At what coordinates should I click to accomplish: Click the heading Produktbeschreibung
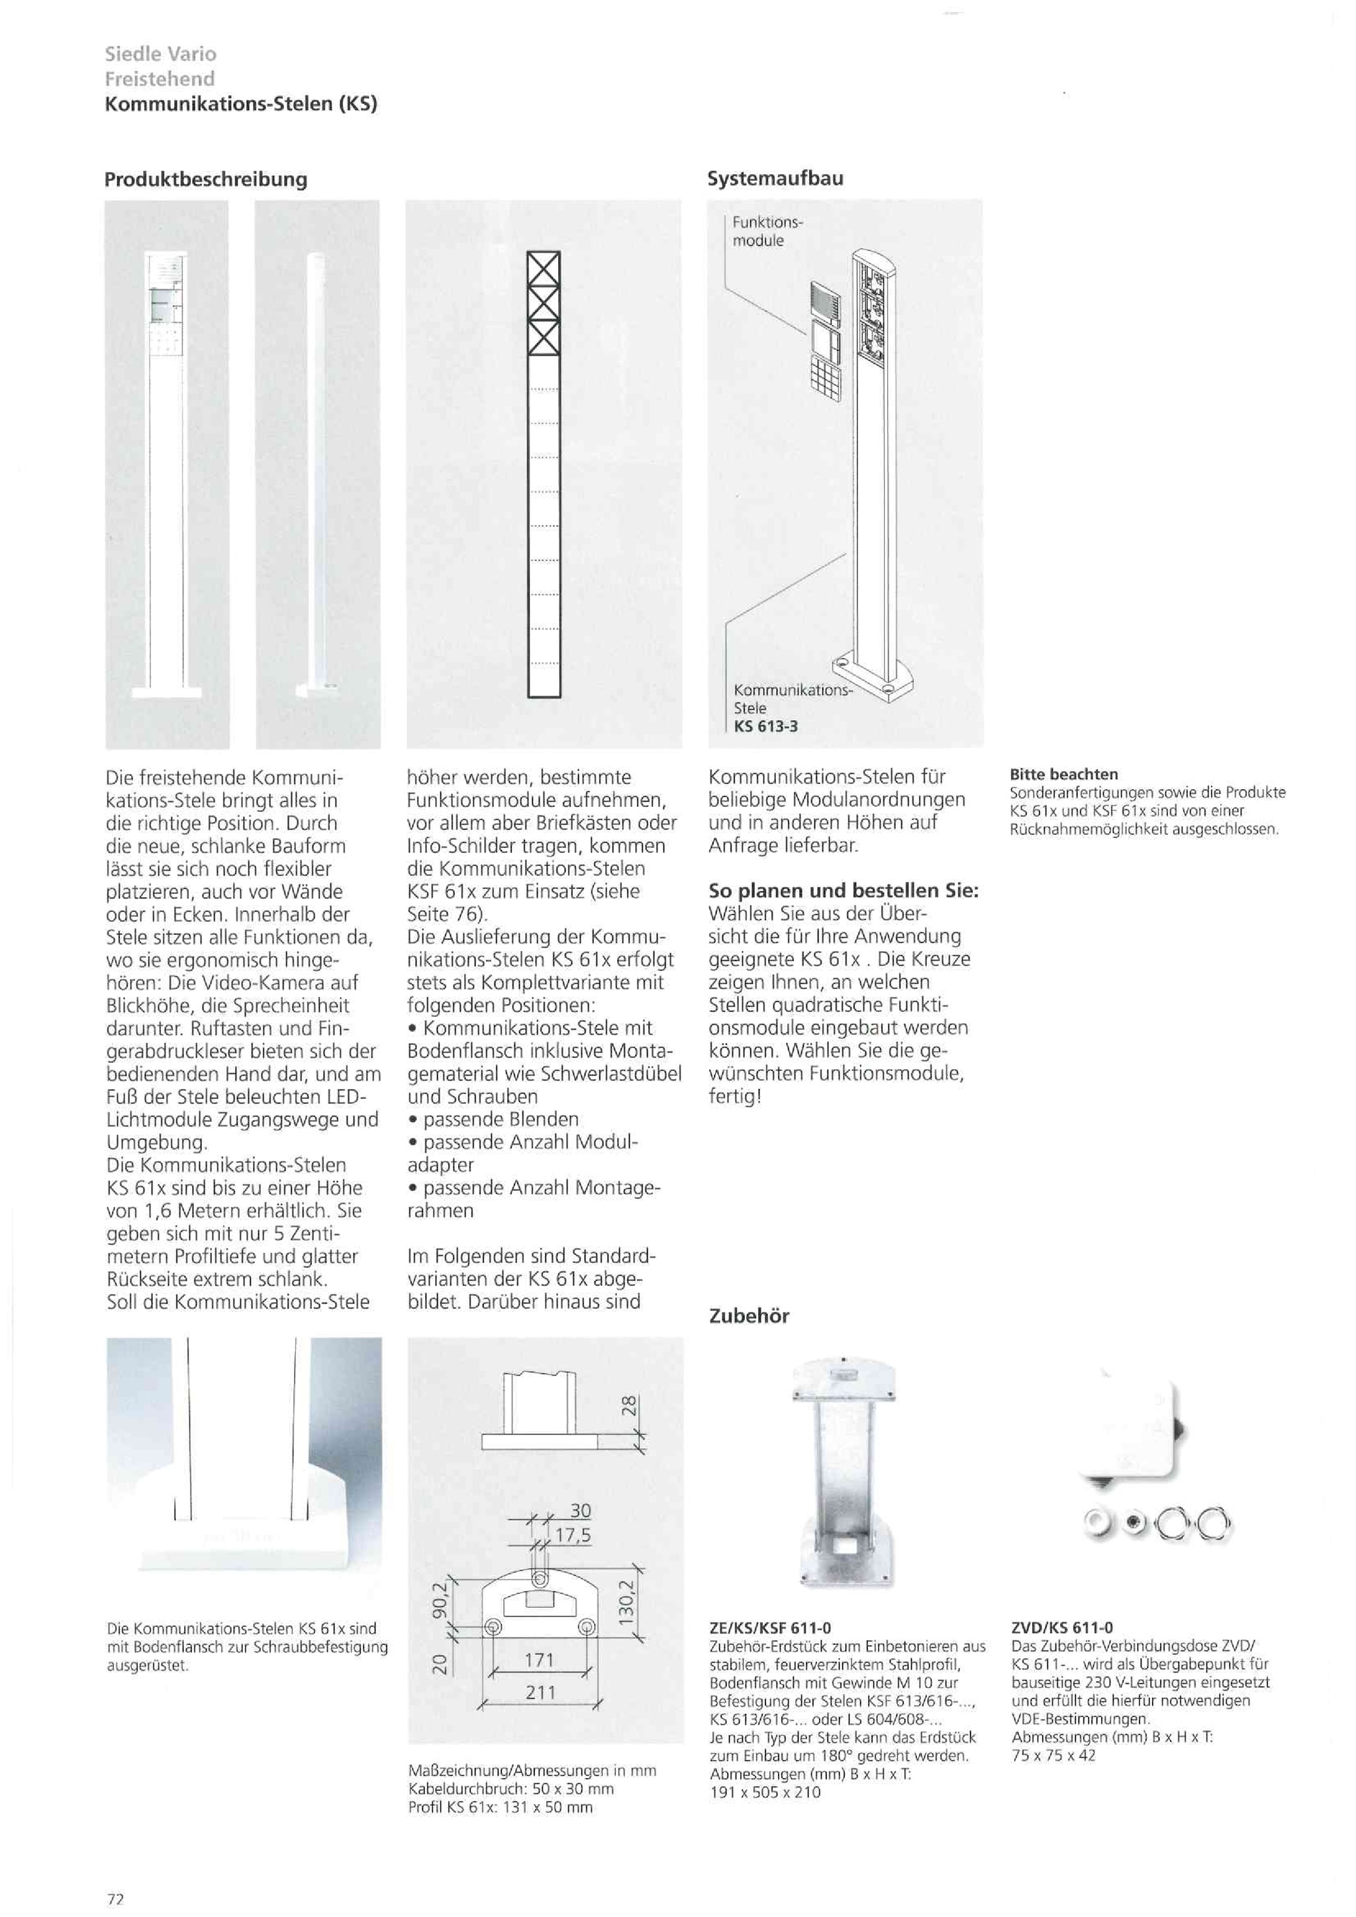205,179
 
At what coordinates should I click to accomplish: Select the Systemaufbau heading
775,178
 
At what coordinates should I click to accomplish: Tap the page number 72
115,1898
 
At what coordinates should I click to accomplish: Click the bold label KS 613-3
765,726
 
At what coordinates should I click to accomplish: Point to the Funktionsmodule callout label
767,231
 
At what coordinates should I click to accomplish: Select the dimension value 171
540,1660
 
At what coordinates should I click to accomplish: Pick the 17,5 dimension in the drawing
573,1534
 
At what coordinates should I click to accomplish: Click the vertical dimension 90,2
440,1599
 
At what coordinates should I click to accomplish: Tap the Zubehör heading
749,1316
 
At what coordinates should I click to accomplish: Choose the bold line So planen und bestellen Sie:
844,890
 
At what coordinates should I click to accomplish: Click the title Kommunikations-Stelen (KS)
241,105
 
